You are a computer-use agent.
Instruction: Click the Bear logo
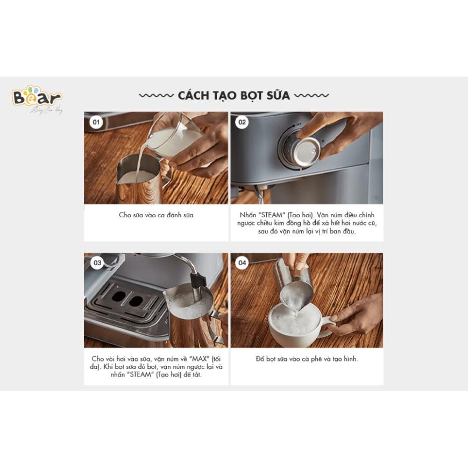click(x=37, y=98)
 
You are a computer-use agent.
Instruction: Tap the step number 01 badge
click(x=96, y=122)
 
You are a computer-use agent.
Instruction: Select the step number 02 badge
click(x=242, y=122)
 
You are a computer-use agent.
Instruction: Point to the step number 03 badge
click(x=97, y=263)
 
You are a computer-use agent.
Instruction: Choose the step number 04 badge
click(x=242, y=263)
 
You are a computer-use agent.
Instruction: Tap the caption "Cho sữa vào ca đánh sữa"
click(x=156, y=215)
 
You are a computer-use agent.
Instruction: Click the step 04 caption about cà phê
click(x=307, y=358)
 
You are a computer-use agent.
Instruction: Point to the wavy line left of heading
click(x=156, y=96)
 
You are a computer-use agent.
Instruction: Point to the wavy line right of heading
click(x=311, y=96)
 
